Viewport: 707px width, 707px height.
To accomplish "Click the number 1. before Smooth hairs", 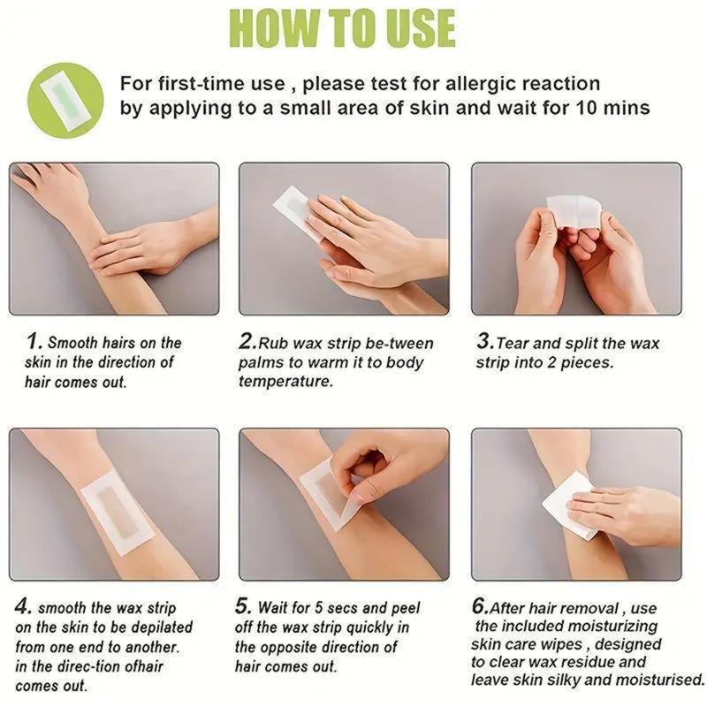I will [x=34, y=341].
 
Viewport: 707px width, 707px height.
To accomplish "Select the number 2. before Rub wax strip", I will [x=247, y=341].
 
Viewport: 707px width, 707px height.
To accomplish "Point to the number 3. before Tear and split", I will [x=484, y=341].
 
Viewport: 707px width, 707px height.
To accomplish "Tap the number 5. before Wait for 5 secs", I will [x=243, y=607].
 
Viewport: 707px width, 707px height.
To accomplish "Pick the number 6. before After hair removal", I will [x=479, y=607].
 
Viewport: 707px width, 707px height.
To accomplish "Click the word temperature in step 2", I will [x=286, y=382].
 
